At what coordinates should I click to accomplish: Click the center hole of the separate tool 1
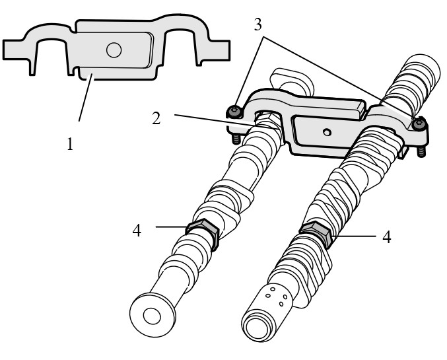click(114, 50)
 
